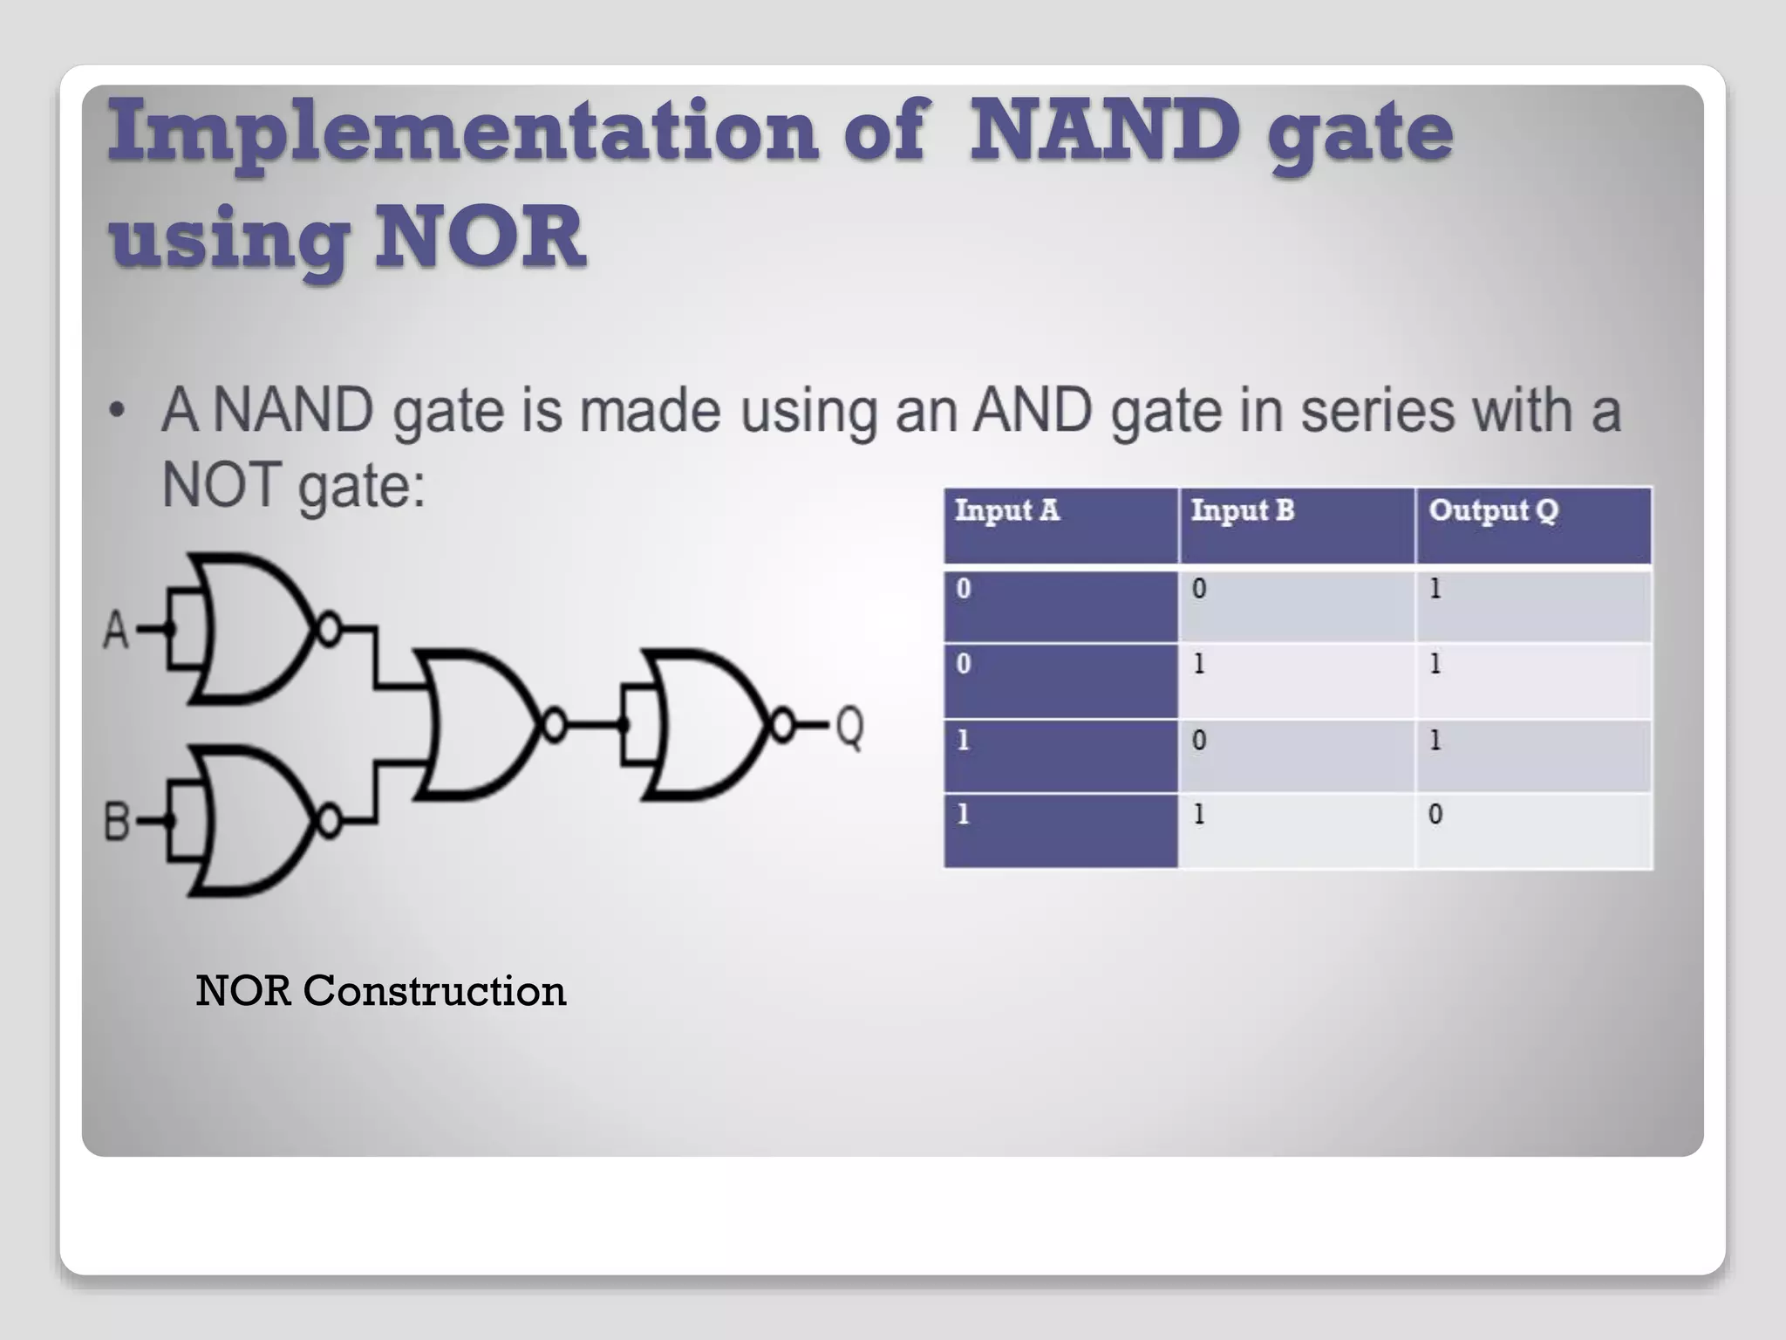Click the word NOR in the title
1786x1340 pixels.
(x=480, y=236)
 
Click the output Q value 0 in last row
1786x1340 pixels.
(x=1435, y=815)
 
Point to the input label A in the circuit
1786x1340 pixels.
(x=116, y=630)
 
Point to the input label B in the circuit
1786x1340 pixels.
(x=116, y=822)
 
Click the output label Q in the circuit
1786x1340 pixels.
(x=850, y=726)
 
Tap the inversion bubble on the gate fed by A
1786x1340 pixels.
(x=329, y=628)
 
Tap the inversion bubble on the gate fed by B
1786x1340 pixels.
(x=329, y=821)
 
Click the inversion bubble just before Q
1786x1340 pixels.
(x=782, y=725)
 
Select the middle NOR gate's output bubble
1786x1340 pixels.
(x=555, y=725)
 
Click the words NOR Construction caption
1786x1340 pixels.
(x=381, y=991)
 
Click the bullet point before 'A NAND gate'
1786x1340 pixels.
(x=117, y=410)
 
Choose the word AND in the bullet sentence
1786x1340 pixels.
(x=1033, y=410)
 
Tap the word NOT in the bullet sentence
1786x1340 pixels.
(x=222, y=485)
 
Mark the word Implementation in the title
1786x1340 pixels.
(x=462, y=131)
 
